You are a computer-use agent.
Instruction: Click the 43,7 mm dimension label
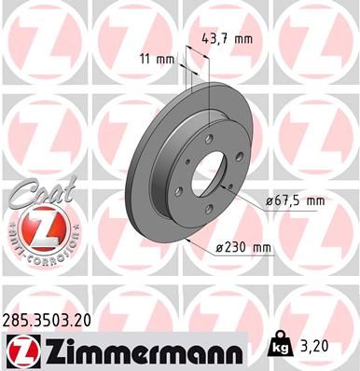click(x=228, y=39)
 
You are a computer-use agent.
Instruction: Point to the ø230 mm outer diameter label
click(x=242, y=247)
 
